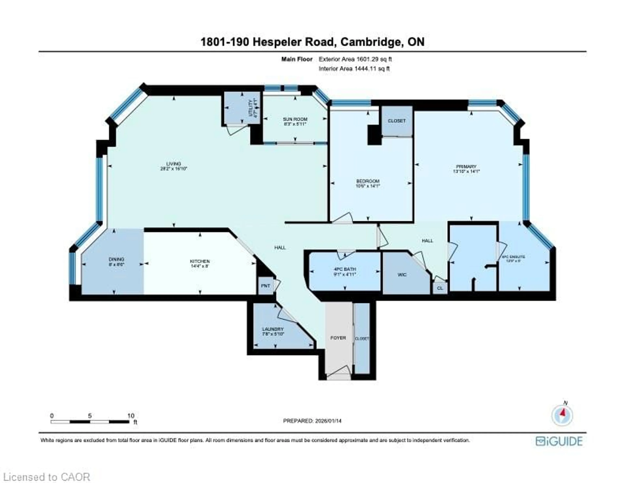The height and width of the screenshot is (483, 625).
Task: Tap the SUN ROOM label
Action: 295,119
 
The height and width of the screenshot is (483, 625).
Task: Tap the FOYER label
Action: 338,338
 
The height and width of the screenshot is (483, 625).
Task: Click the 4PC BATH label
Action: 345,269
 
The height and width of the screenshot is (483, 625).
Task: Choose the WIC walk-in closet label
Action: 402,275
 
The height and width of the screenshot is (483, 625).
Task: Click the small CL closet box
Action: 440,288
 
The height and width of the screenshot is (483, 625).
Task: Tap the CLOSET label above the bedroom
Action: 397,121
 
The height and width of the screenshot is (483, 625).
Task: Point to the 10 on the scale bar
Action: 131,416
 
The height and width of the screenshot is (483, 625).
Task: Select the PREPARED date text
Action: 312,421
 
